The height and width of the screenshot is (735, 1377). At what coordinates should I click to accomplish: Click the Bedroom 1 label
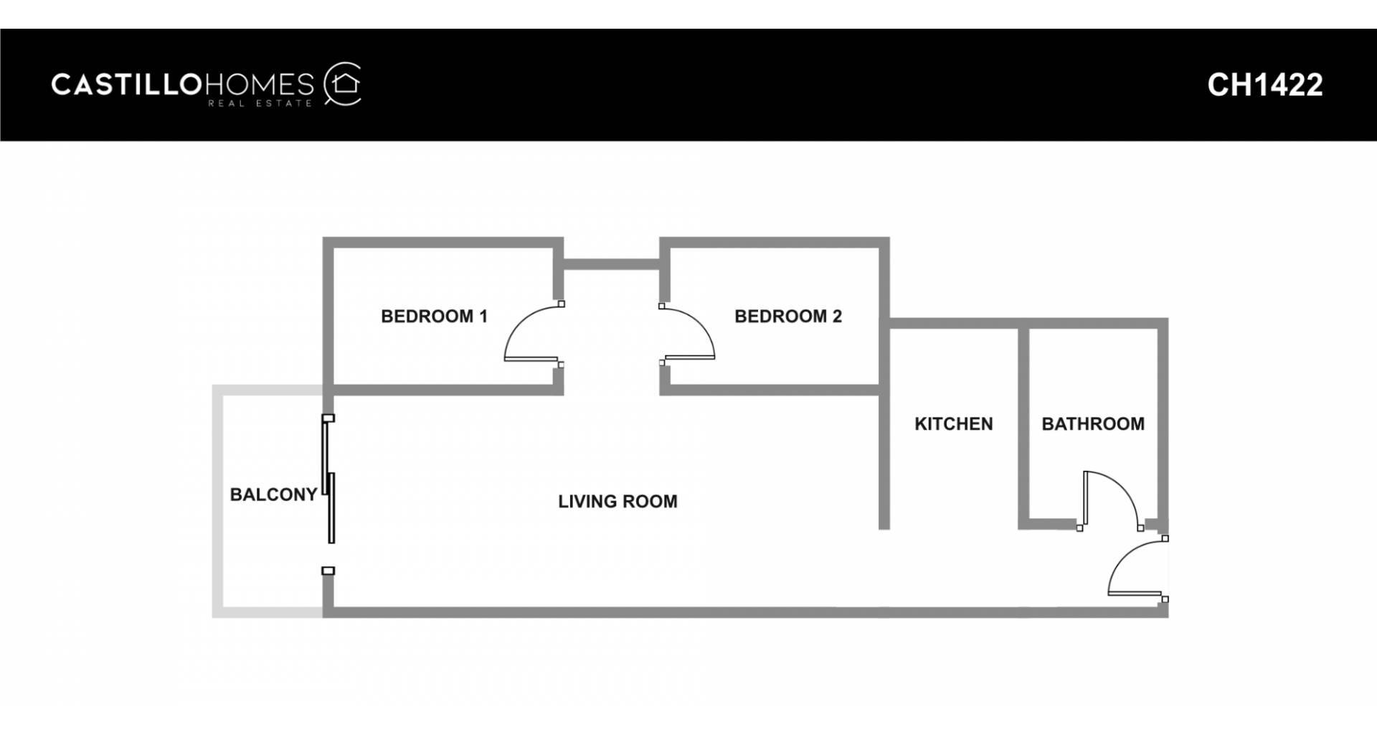tap(434, 317)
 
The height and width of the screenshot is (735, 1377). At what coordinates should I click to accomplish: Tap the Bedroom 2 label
tap(788, 317)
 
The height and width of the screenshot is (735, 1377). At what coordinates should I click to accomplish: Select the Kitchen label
tap(954, 424)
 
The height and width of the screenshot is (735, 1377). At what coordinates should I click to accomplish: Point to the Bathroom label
tap(1093, 424)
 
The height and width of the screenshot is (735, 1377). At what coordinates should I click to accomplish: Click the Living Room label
tap(617, 502)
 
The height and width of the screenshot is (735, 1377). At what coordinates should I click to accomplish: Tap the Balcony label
tap(273, 495)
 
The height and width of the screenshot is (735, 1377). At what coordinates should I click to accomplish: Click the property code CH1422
tap(1265, 85)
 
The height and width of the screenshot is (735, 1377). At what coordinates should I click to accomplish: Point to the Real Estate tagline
tap(260, 104)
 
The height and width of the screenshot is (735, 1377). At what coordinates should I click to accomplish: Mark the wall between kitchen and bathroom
tap(1024, 423)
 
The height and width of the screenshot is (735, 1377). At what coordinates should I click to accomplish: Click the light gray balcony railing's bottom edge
tap(268, 612)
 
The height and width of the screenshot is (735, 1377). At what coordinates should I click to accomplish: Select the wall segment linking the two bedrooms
tap(611, 264)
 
